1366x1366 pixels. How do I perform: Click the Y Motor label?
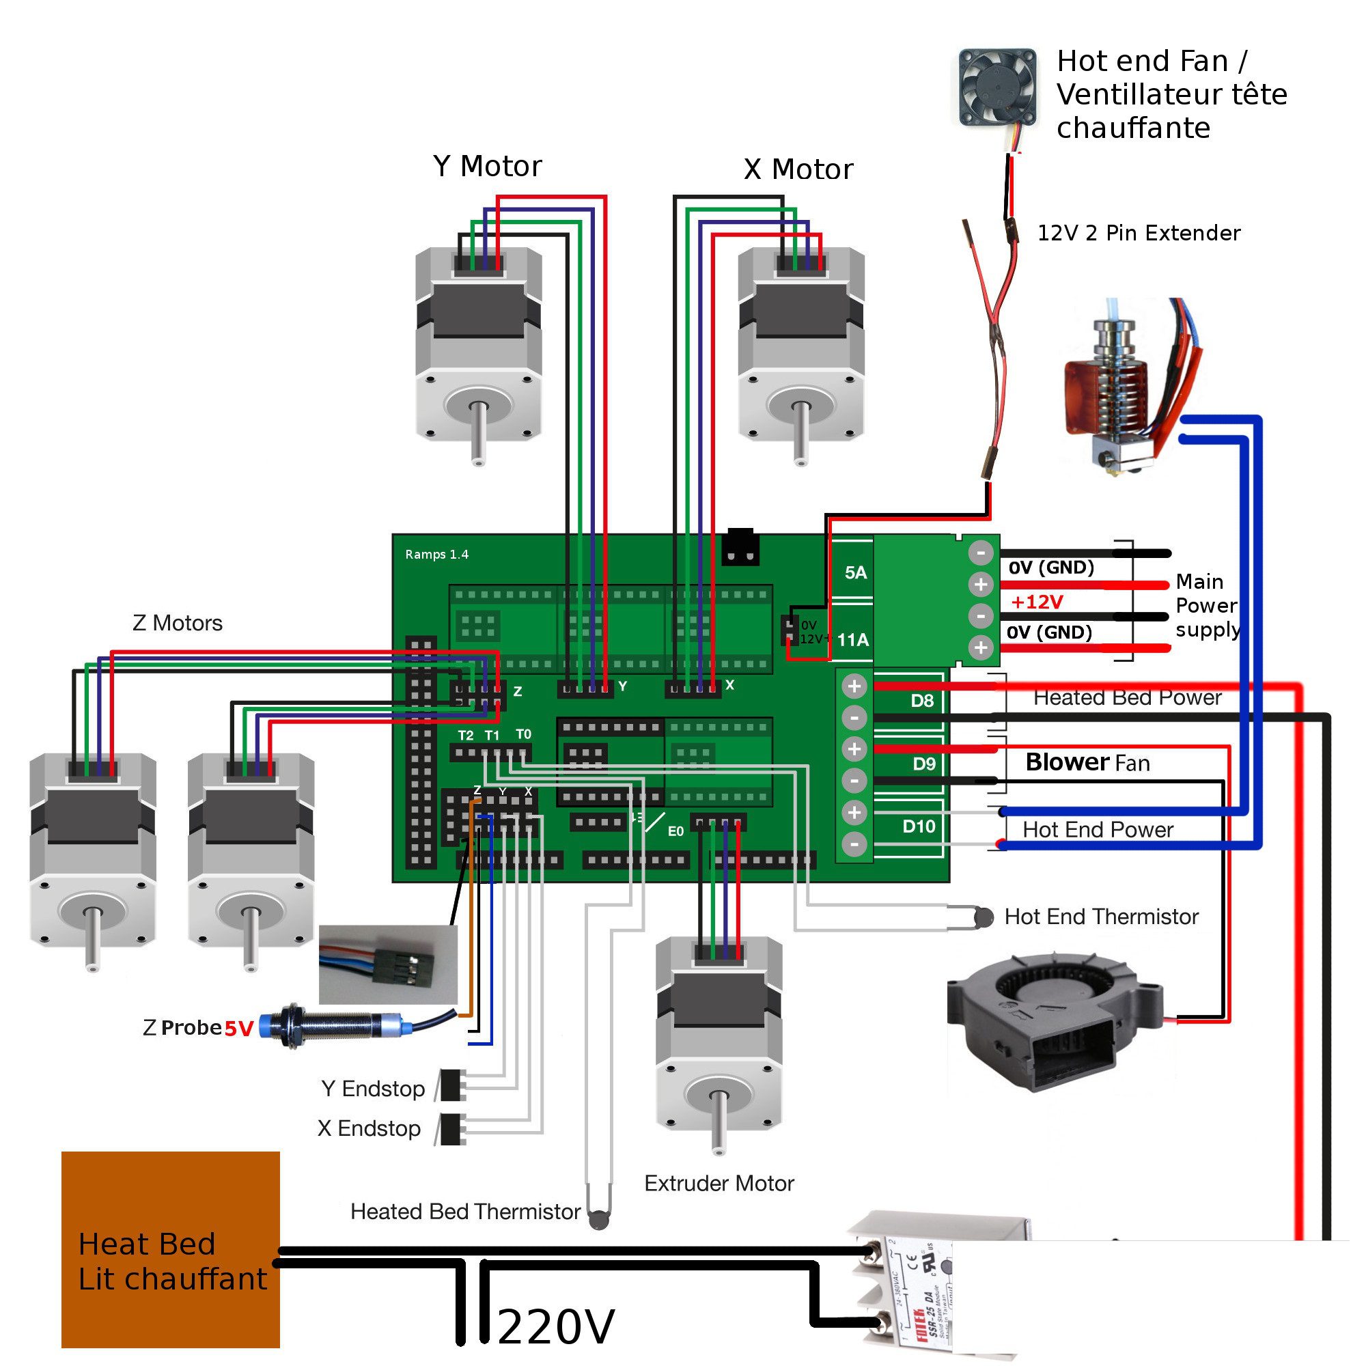click(486, 167)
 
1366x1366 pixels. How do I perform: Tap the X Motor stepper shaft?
click(800, 431)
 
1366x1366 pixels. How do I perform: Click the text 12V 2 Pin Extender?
click(1138, 234)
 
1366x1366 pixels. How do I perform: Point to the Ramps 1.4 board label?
click(436, 555)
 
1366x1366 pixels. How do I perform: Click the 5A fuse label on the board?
click(855, 573)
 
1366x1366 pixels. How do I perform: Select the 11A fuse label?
click(852, 640)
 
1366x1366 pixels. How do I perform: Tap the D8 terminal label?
click(921, 701)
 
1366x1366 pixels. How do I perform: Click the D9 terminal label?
click(923, 764)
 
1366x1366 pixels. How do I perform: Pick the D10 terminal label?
click(919, 826)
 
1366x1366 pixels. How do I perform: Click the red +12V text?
click(1037, 602)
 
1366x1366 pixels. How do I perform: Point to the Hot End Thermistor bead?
click(983, 917)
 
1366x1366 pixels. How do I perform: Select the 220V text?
click(556, 1327)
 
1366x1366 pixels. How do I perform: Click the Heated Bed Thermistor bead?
click(598, 1218)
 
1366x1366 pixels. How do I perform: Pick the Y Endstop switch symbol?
click(450, 1085)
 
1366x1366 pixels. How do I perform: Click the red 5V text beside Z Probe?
click(238, 1029)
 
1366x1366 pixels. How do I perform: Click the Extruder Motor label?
click(719, 1184)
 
